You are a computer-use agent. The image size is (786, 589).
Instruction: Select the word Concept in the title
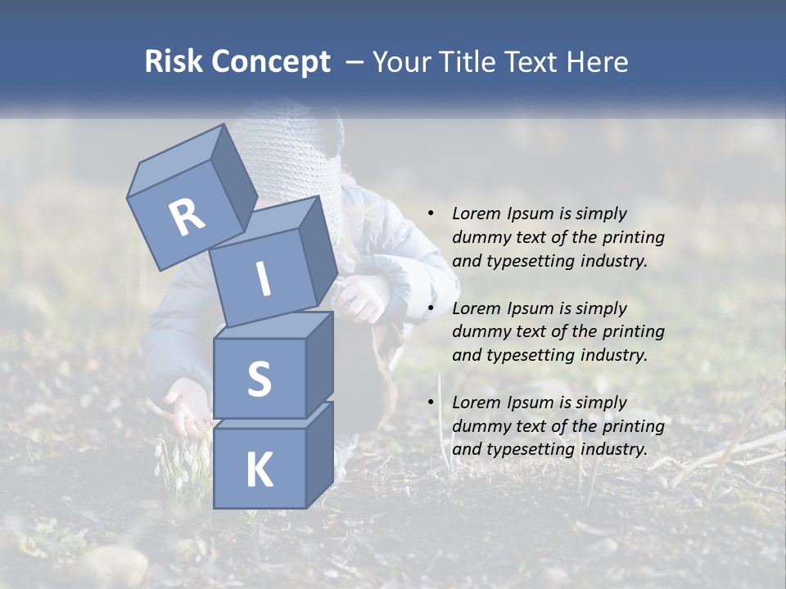[x=269, y=63]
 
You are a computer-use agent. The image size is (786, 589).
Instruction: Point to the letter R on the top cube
[x=186, y=218]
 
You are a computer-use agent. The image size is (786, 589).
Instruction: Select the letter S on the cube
[x=259, y=380]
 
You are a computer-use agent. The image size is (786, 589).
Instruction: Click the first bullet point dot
[x=431, y=214]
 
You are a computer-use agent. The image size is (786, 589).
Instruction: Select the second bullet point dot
[x=431, y=308]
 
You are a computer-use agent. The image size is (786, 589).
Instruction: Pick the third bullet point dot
[x=431, y=402]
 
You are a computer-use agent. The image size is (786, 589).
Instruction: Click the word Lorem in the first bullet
[x=475, y=214]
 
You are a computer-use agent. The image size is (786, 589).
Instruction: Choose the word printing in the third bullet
[x=634, y=426]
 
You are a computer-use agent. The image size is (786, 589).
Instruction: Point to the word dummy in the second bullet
[x=478, y=332]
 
